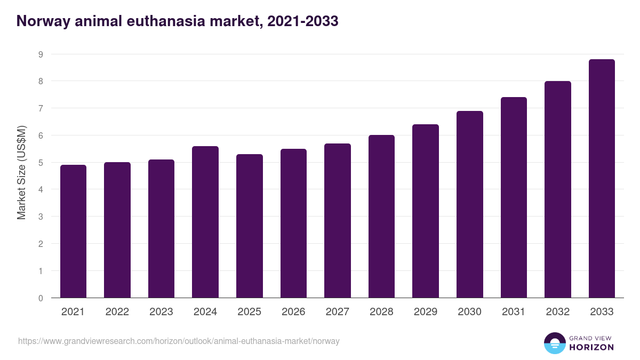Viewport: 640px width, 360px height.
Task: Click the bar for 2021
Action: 73,231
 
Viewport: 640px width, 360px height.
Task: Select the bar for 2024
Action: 205,222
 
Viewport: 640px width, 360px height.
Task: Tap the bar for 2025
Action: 249,226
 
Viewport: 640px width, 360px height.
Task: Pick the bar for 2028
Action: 381,217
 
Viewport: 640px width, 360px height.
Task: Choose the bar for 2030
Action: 469,204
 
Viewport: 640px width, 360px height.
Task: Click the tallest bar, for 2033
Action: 602,179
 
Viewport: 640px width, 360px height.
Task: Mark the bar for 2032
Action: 557,189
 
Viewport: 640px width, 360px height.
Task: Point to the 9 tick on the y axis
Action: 41,54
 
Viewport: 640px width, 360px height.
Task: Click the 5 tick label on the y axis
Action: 41,163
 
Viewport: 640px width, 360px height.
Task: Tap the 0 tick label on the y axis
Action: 41,298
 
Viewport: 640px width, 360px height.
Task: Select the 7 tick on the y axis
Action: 41,108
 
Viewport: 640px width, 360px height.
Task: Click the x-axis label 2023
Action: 161,312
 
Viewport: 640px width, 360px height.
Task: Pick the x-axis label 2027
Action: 338,312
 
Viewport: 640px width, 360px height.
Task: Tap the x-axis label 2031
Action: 514,312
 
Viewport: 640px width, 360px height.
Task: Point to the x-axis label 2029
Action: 426,312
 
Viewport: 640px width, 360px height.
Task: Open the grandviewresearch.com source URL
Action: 179,341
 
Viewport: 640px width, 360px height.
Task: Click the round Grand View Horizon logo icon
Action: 554,343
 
